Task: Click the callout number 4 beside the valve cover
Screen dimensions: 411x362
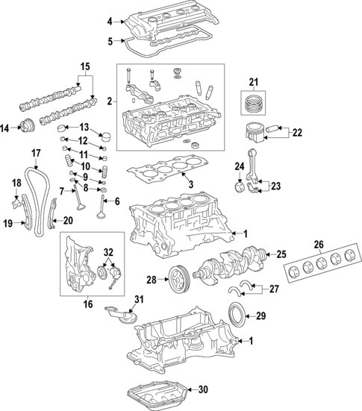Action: (109, 21)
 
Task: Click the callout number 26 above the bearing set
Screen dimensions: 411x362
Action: (318, 244)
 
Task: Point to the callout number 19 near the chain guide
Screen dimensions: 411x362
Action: (7, 222)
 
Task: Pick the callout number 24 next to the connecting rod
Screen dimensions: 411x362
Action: (241, 166)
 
